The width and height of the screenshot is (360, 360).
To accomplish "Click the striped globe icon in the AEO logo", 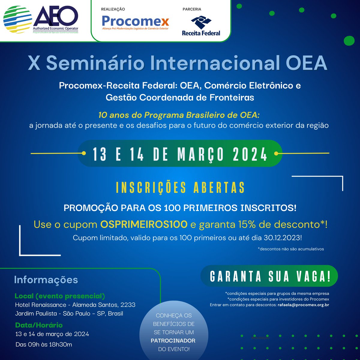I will pyautogui.click(x=17, y=20).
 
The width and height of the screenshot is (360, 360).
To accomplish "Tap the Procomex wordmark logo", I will pyautogui.click(x=135, y=21).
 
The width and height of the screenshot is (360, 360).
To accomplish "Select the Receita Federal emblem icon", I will pyautogui.click(x=201, y=22).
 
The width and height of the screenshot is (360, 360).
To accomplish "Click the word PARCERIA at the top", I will pyautogui.click(x=192, y=9).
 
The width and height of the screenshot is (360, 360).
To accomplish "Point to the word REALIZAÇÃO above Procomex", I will pyautogui.click(x=113, y=9).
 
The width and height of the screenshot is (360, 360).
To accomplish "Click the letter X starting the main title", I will pyautogui.click(x=34, y=63).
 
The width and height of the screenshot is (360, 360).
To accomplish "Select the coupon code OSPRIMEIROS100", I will pyautogui.click(x=144, y=224).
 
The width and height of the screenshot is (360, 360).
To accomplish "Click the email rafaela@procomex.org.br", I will pyautogui.click(x=303, y=305).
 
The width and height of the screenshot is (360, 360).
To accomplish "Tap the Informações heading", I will pyautogui.click(x=46, y=280).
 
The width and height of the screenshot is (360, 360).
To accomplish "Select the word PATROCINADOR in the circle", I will pyautogui.click(x=173, y=341).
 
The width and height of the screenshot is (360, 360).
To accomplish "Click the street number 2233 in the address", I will pyautogui.click(x=128, y=305).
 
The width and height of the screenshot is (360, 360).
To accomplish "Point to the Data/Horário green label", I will pyautogui.click(x=39, y=325).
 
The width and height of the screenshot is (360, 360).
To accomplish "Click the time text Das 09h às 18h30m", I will pyautogui.click(x=44, y=344).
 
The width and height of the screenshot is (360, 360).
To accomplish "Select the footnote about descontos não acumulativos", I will pyautogui.click(x=291, y=249).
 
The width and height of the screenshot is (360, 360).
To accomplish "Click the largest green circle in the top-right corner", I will pyautogui.click(x=349, y=40).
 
